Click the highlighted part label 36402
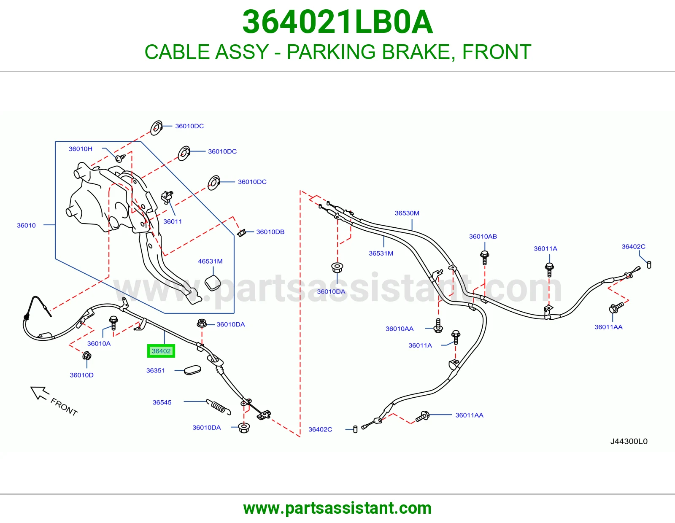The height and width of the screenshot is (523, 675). point(161,351)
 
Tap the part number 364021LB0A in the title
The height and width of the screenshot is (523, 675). point(337,22)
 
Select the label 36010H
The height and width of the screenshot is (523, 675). point(81,149)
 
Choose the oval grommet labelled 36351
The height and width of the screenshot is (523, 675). point(192,370)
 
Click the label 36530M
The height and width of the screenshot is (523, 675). point(407,213)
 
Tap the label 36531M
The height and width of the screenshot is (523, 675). point(381,253)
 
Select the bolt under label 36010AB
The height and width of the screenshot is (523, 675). point(485,257)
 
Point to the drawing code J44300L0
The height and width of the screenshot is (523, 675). point(629,441)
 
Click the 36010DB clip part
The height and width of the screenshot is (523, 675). point(242,232)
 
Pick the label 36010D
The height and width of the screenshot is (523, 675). point(81,375)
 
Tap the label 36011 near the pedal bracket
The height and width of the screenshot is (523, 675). point(173,221)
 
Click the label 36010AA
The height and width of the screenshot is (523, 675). point(400,329)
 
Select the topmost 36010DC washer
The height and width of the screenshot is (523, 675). point(156,128)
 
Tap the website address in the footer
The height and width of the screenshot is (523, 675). point(337,508)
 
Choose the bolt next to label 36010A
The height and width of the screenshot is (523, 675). point(113,323)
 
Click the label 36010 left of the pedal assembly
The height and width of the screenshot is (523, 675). point(26,225)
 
